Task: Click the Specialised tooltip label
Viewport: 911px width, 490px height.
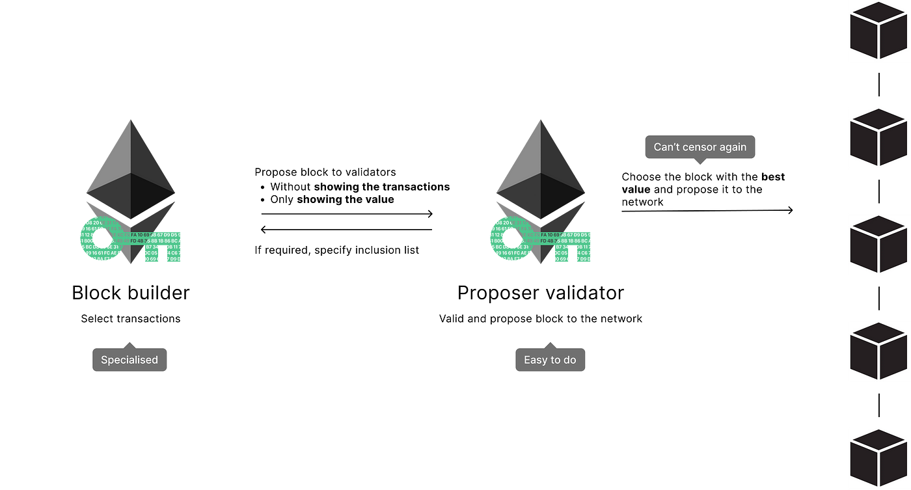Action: click(x=129, y=360)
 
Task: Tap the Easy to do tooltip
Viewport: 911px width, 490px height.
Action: click(x=550, y=360)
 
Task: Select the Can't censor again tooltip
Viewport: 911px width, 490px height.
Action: click(x=700, y=147)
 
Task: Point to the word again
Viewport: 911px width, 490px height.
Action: click(x=733, y=148)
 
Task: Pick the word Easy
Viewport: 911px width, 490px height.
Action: click(x=534, y=360)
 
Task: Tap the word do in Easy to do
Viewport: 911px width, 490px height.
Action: click(x=569, y=360)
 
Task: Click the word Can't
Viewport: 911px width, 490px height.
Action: click(x=667, y=147)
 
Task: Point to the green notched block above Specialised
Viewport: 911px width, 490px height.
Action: click(x=163, y=247)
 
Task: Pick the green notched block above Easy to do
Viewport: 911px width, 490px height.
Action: click(x=573, y=247)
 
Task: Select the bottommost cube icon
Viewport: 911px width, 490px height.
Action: click(x=878, y=457)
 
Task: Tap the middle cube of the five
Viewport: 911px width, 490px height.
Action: click(x=878, y=245)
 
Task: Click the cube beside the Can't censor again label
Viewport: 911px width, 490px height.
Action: click(x=878, y=138)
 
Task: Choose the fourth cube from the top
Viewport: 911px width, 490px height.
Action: click(x=878, y=351)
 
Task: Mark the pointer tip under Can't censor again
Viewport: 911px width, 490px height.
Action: click(x=700, y=164)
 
